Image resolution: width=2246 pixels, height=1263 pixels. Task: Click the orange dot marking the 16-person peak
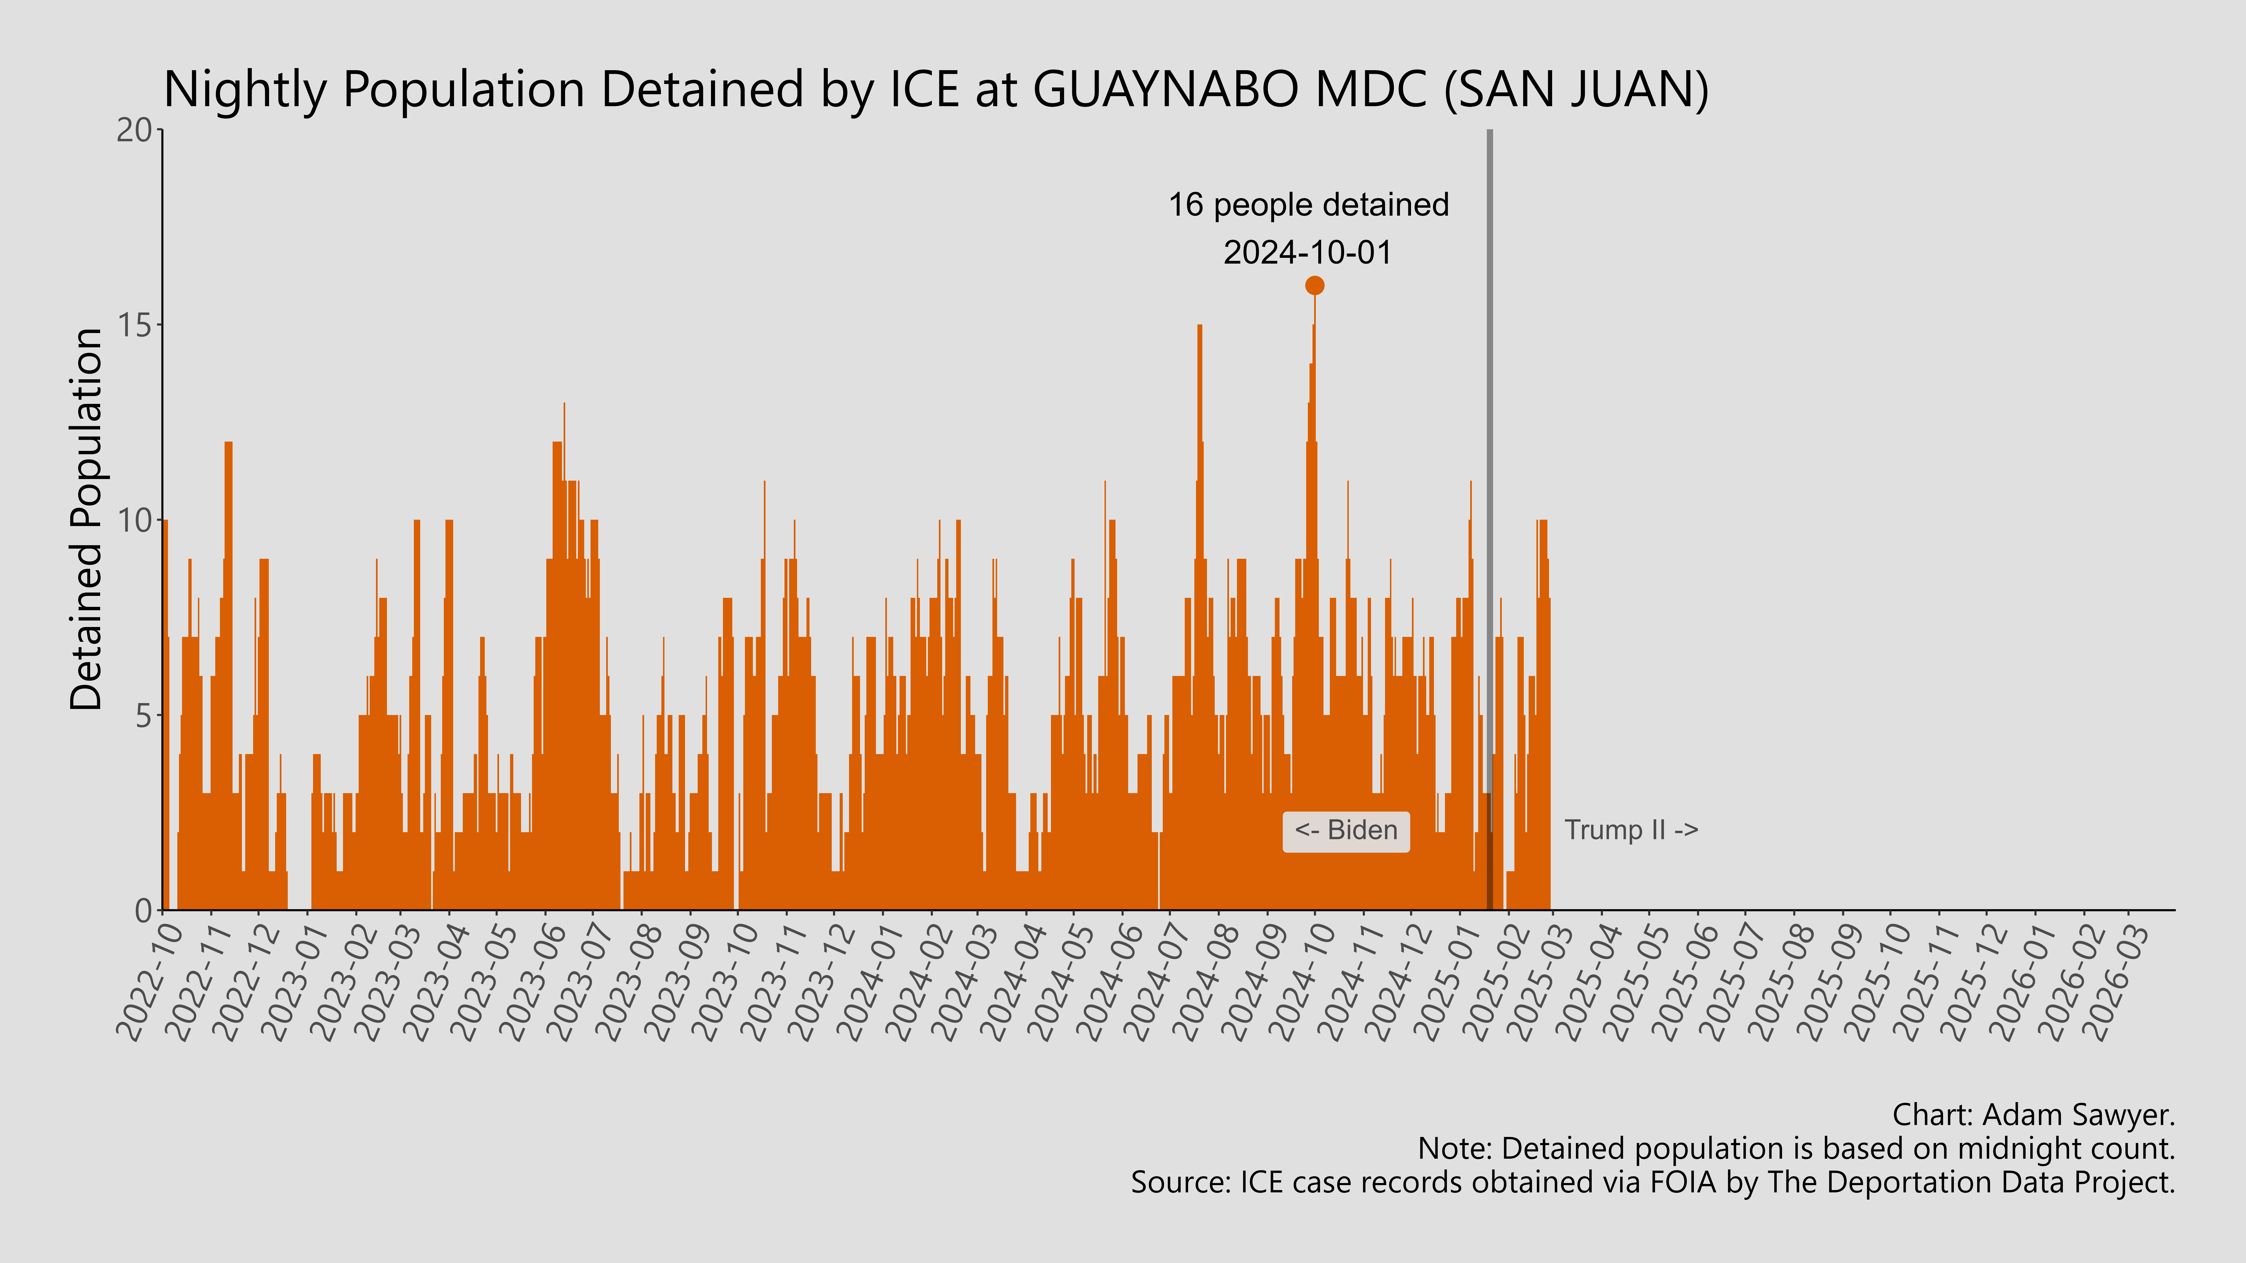click(x=1314, y=285)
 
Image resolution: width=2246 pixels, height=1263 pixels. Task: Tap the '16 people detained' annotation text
click(x=1308, y=205)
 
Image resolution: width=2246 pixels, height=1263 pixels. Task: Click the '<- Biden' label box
click(x=1345, y=831)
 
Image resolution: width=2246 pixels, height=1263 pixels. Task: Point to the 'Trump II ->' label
click(x=1630, y=831)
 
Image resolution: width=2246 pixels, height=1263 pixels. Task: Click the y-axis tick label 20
click(x=134, y=131)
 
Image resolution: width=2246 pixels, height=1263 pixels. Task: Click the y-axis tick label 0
click(x=143, y=911)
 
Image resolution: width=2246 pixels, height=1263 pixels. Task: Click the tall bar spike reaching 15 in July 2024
click(x=1200, y=436)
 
